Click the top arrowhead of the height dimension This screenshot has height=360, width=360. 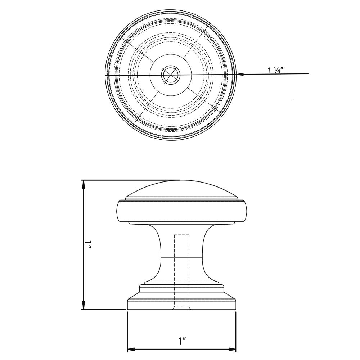(84, 184)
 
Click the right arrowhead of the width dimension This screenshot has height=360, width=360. (232, 349)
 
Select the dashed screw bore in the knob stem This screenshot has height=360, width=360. (181, 270)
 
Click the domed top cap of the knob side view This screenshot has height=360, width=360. (181, 189)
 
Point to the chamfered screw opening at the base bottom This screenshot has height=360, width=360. (181, 308)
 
